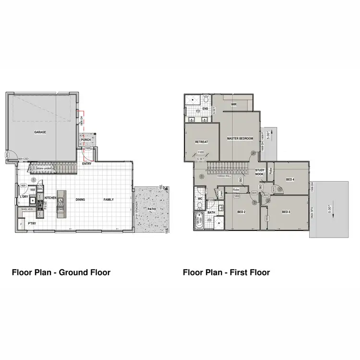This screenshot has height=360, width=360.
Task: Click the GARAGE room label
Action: click(40, 132)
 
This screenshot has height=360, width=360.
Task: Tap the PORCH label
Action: click(86, 140)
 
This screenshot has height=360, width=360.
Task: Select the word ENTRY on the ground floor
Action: click(87, 164)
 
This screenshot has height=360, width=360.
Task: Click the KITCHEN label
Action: click(51, 198)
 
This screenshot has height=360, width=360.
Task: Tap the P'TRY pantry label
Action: click(32, 223)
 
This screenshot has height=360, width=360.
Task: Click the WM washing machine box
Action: click(33, 190)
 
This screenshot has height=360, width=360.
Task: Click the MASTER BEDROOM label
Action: click(240, 138)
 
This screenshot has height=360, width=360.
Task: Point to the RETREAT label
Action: click(201, 142)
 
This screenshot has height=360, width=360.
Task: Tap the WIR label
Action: click(234, 104)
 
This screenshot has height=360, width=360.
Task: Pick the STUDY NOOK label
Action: click(260, 172)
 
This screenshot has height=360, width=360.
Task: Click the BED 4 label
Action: click(289, 180)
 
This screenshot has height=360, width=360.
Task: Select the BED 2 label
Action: click(241, 212)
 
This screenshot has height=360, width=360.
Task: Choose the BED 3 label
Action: click(286, 212)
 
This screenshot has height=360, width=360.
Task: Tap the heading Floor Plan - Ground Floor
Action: click(61, 273)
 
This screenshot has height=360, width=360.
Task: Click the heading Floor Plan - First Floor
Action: click(226, 273)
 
